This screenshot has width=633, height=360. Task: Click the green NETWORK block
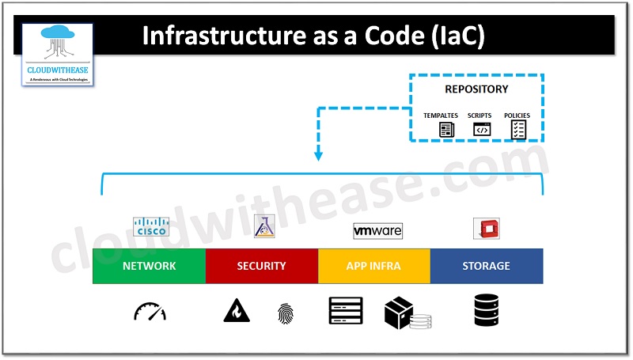[x=149, y=266]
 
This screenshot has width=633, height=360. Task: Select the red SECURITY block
[x=261, y=266]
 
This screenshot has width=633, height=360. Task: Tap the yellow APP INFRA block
[x=374, y=266]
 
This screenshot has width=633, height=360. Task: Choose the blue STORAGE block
[x=487, y=266]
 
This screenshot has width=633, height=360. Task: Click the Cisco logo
[x=151, y=226]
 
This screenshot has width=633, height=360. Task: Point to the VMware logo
[x=377, y=230]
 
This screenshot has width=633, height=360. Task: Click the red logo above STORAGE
[x=486, y=229]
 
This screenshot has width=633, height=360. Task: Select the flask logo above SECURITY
[x=263, y=226]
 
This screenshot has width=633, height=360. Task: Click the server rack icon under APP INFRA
[x=345, y=311]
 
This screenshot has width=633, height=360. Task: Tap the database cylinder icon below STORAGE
[x=487, y=311]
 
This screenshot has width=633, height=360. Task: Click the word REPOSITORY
[x=476, y=89]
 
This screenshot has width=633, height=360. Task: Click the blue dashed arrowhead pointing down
[x=318, y=155]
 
